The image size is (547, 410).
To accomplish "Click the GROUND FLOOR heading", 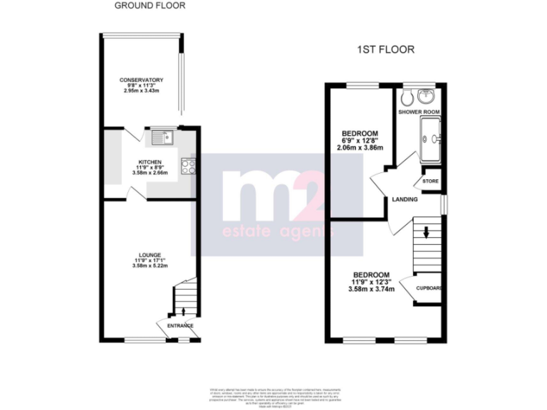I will click(x=150, y=6).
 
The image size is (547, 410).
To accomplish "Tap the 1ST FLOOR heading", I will click(x=385, y=50).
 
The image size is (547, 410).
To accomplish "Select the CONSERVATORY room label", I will click(x=142, y=80).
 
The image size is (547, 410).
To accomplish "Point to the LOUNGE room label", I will click(x=150, y=254).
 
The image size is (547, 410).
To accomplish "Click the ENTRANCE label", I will click(x=180, y=326).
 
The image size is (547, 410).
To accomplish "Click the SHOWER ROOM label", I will click(x=419, y=112).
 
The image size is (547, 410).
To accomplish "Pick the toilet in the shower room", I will click(x=405, y=97).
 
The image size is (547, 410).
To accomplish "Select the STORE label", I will click(x=431, y=182).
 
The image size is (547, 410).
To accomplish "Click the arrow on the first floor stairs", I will click(x=426, y=231).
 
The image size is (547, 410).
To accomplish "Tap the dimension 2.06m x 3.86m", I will click(x=360, y=148).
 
